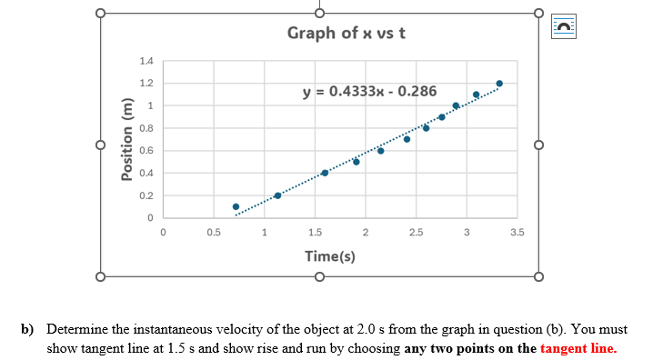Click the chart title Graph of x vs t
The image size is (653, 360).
346,34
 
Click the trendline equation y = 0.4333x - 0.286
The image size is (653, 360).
368,92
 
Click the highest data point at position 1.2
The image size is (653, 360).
498,84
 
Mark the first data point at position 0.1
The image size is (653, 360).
236,206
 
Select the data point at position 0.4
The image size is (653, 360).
325,173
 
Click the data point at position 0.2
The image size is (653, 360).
277,195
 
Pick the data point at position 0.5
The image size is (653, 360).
357,162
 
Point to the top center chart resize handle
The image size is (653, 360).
319,14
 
